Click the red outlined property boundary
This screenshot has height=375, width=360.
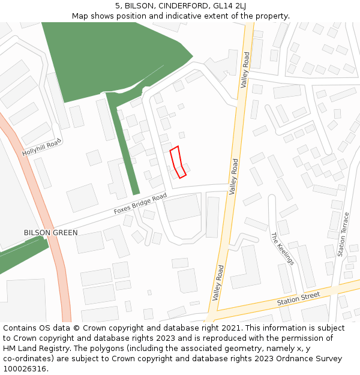point(178,162)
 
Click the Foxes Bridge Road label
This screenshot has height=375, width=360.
point(140,205)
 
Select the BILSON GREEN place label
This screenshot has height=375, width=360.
point(50,233)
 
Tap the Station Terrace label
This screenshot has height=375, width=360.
point(344,235)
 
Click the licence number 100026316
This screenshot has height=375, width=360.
point(24,369)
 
